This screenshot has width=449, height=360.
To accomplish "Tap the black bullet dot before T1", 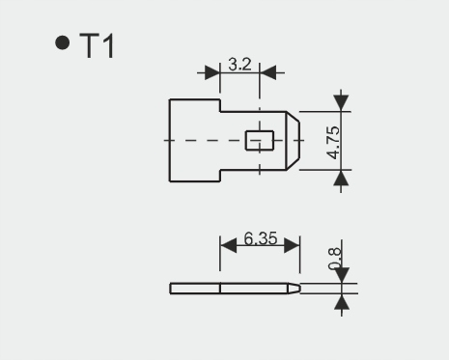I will (x=64, y=43).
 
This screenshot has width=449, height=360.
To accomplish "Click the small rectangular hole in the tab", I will (x=256, y=141).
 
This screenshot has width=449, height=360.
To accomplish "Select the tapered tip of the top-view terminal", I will (x=295, y=141).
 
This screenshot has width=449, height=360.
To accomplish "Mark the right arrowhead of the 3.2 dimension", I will (x=268, y=71).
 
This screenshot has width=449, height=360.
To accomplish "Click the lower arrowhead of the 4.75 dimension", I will (x=340, y=178).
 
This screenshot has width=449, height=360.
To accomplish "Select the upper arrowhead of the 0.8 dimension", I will (x=340, y=276).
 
